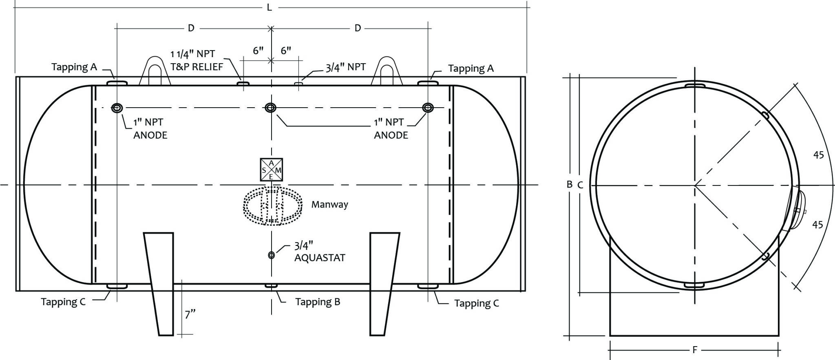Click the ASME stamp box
click(271, 170)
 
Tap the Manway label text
click(329, 204)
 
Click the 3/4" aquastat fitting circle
click(271, 255)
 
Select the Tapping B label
click(318, 302)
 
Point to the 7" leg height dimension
click(190, 314)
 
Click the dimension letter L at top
click(269, 7)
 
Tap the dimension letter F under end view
click(695, 350)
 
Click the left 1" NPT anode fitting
click(117, 108)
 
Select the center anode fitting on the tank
click(270, 108)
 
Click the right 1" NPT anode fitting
click(428, 108)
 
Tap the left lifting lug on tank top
click(155, 71)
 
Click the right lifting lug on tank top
click(387, 71)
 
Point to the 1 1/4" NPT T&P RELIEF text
click(197, 60)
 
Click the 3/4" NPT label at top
click(345, 67)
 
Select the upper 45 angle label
click(818, 155)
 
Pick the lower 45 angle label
click(817, 225)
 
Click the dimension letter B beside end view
click(570, 184)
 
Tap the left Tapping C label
click(63, 302)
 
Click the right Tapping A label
click(471, 68)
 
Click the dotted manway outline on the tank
click(272, 206)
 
